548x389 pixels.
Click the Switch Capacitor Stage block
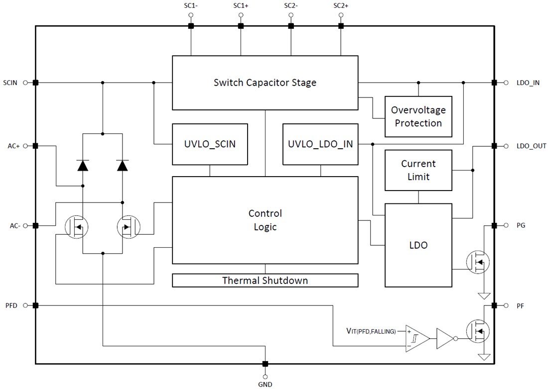click(x=265, y=83)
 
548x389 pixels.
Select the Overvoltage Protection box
click(x=418, y=116)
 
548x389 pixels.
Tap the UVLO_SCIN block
click(x=210, y=144)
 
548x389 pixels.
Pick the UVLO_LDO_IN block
click(x=320, y=144)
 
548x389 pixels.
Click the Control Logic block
click(x=265, y=220)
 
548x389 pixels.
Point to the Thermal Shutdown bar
click(x=265, y=281)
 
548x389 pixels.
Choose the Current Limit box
click(x=418, y=170)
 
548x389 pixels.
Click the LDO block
click(x=418, y=245)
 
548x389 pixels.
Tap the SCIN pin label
click(x=10, y=83)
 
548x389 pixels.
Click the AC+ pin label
click(x=13, y=146)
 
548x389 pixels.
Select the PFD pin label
click(x=11, y=305)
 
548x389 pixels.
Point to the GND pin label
click(x=265, y=384)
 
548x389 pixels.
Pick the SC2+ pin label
click(x=341, y=6)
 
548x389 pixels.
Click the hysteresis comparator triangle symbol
click(x=417, y=339)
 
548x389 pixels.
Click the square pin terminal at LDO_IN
click(x=494, y=83)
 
